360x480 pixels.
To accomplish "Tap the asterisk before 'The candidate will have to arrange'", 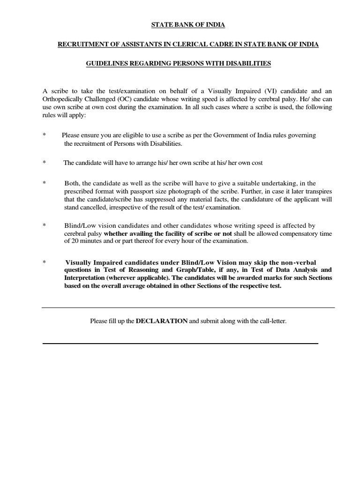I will [x=44, y=163].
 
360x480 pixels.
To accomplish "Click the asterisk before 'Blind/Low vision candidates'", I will [x=44, y=225].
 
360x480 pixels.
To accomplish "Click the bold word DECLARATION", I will [x=162, y=321].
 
